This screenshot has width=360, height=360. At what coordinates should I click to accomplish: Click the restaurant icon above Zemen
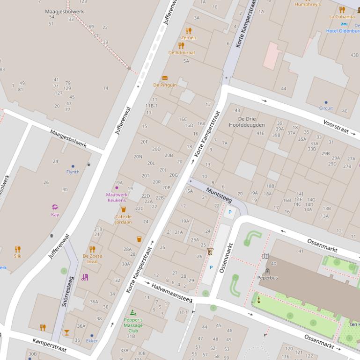(x=188, y=31)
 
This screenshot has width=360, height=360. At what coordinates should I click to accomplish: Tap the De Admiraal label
(x=181, y=53)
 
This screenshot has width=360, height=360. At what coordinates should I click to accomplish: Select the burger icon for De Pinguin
(x=165, y=78)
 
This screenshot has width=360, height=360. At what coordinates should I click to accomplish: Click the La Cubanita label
(x=342, y=17)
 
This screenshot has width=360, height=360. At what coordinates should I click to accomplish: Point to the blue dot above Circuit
(x=326, y=102)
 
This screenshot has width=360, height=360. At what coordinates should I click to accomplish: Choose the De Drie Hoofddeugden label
(x=247, y=122)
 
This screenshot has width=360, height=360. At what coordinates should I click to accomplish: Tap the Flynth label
(x=73, y=172)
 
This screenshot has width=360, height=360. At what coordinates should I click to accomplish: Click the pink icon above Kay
(x=55, y=207)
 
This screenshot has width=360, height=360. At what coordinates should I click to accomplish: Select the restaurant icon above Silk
(x=17, y=249)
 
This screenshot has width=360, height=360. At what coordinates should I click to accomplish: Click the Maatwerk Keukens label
(x=117, y=197)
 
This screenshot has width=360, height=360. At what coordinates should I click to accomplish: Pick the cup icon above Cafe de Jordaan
(x=124, y=209)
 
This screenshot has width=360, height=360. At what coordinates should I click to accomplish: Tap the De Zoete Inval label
(x=92, y=259)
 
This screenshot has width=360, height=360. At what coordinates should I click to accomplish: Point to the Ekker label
(x=92, y=341)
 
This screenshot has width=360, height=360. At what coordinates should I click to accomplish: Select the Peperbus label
(x=267, y=278)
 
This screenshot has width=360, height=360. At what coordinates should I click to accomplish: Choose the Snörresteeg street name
(x=68, y=292)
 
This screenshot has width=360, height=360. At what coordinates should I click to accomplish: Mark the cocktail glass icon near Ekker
(x=66, y=332)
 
